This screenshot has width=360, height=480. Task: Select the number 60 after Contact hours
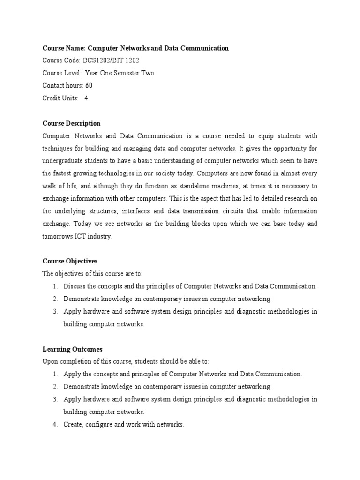[x=89, y=86]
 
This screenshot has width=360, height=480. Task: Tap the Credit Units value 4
[x=86, y=98]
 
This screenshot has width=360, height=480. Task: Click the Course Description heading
[x=71, y=124]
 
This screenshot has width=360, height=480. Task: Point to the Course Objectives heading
[x=70, y=261]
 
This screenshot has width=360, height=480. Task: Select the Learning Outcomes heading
[x=72, y=349]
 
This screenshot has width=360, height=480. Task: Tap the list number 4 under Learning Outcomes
[x=55, y=425]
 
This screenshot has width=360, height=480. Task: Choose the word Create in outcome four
[x=74, y=425]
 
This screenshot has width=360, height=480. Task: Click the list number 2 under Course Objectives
[x=55, y=299]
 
